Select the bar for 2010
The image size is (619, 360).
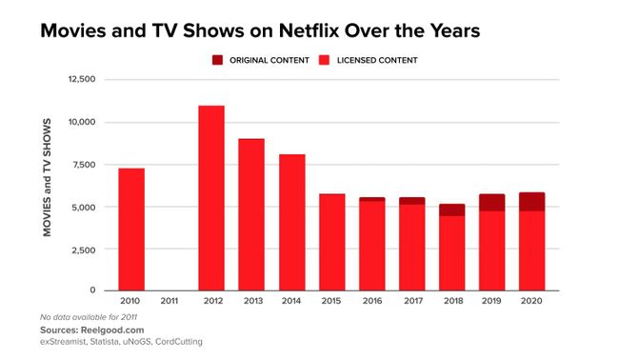point(130,230)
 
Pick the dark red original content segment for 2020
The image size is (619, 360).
point(532,202)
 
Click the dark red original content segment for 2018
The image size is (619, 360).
point(452,210)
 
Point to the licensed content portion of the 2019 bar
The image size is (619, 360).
point(492,250)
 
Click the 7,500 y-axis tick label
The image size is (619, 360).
point(84,165)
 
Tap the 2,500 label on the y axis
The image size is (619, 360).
point(84,250)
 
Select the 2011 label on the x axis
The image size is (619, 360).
point(170,302)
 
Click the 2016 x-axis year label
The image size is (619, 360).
point(371,302)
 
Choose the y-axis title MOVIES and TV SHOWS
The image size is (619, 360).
point(48,185)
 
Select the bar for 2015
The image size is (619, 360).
point(331,242)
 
